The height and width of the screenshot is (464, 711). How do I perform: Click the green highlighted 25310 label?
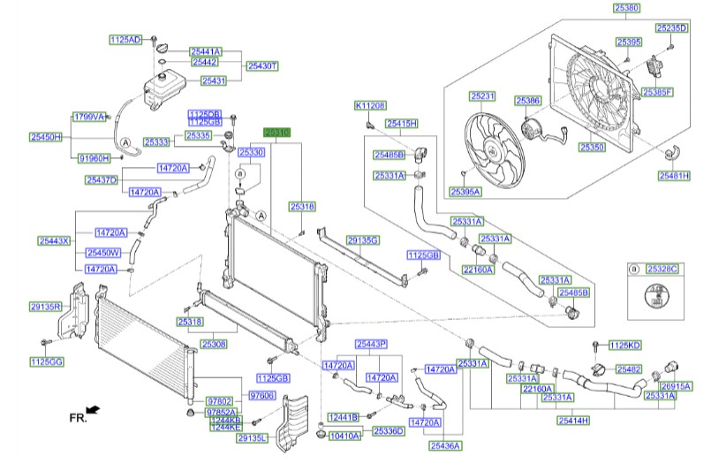(279, 131)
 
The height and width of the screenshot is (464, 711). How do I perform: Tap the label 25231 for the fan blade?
(483, 95)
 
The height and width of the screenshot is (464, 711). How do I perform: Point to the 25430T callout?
(261, 65)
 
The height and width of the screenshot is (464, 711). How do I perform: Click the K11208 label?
(371, 105)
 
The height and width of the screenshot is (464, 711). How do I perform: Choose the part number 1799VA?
(88, 117)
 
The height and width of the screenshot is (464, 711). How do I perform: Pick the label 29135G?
(362, 240)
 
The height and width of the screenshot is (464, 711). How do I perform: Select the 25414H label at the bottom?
(573, 421)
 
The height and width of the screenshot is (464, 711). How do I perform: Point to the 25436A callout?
(445, 446)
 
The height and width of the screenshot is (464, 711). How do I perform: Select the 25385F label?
(681, 92)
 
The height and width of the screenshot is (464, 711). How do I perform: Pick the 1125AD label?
(125, 40)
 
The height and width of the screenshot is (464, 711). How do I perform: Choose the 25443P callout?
(371, 343)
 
